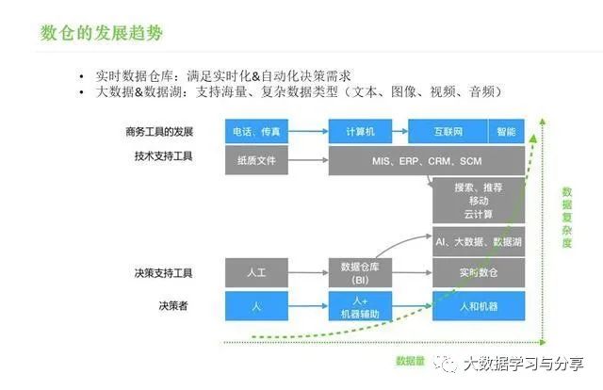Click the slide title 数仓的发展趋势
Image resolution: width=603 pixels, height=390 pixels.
coord(101,33)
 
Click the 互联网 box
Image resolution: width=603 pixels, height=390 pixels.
coord(447,132)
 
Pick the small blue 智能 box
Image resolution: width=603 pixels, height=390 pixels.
coord(506,132)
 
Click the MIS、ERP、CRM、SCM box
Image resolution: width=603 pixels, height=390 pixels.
coord(426,160)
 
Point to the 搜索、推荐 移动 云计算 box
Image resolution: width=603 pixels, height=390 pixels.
coord(478,202)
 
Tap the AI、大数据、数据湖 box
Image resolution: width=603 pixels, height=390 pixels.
coord(478,242)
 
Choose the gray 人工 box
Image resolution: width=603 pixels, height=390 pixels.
coord(255,272)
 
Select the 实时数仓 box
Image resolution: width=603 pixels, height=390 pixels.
coord(478,272)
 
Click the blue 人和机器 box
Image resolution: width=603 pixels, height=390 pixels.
coord(478,307)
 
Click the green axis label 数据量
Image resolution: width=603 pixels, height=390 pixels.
coord(412,360)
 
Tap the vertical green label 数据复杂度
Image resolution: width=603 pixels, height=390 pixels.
coord(567,217)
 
